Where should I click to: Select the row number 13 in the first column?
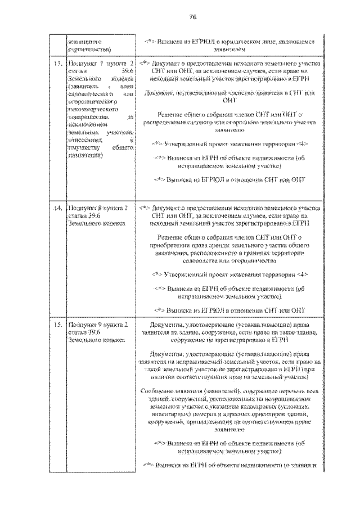[x=57, y=64]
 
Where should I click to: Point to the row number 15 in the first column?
[x=57, y=325]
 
